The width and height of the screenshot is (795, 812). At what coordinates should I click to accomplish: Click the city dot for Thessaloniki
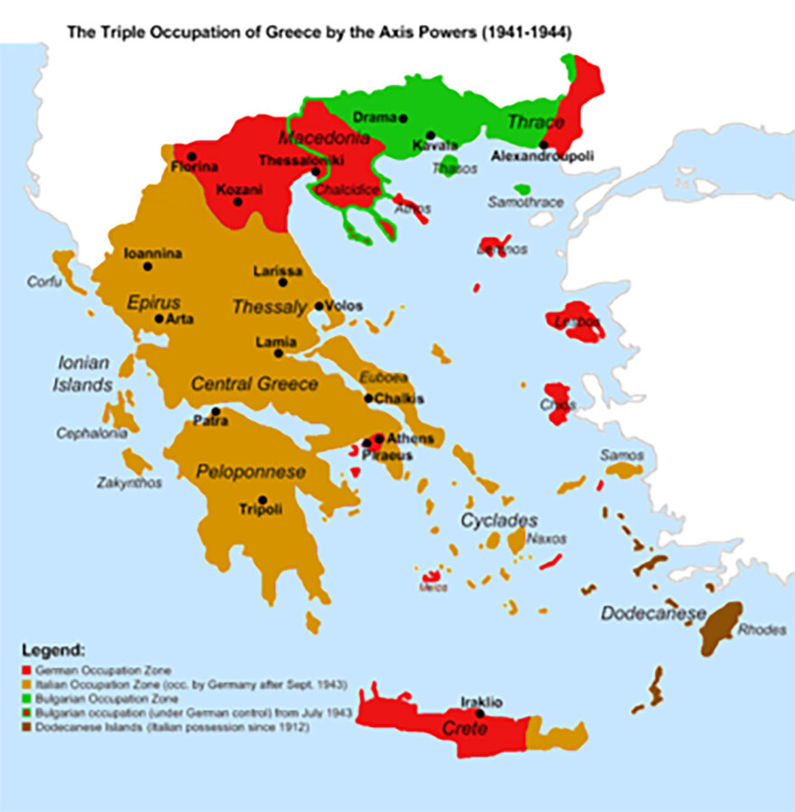315,172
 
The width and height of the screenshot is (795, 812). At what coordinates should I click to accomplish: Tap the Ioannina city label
153,254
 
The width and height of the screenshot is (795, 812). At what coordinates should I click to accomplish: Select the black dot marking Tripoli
262,499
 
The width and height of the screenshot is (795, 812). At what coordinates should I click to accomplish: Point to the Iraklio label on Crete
481,702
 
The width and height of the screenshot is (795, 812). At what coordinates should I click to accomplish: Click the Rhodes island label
762,630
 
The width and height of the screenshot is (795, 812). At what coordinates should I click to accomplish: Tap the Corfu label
43,282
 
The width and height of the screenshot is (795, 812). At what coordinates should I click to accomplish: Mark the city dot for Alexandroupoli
544,144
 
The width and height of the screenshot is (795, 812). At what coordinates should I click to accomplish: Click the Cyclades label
499,520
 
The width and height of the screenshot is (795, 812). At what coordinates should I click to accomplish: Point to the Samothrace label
525,202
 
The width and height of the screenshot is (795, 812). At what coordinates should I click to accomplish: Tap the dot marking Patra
216,411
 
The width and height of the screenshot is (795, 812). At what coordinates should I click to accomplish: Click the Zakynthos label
129,483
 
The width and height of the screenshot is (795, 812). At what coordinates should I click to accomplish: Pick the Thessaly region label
269,307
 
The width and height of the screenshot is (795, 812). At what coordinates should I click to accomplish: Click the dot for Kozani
238,201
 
